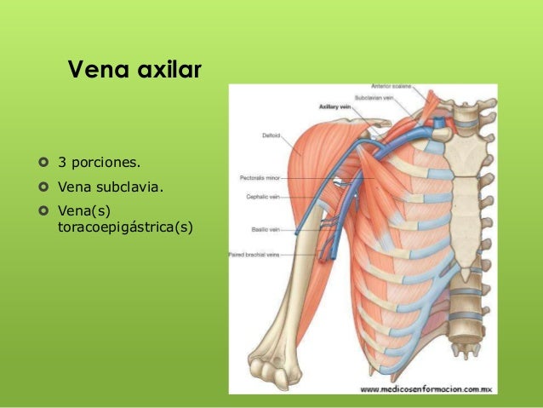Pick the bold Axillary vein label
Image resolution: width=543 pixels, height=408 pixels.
tap(335, 107)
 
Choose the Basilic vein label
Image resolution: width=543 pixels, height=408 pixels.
tap(260, 229)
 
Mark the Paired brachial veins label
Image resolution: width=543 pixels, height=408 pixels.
tap(254, 254)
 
